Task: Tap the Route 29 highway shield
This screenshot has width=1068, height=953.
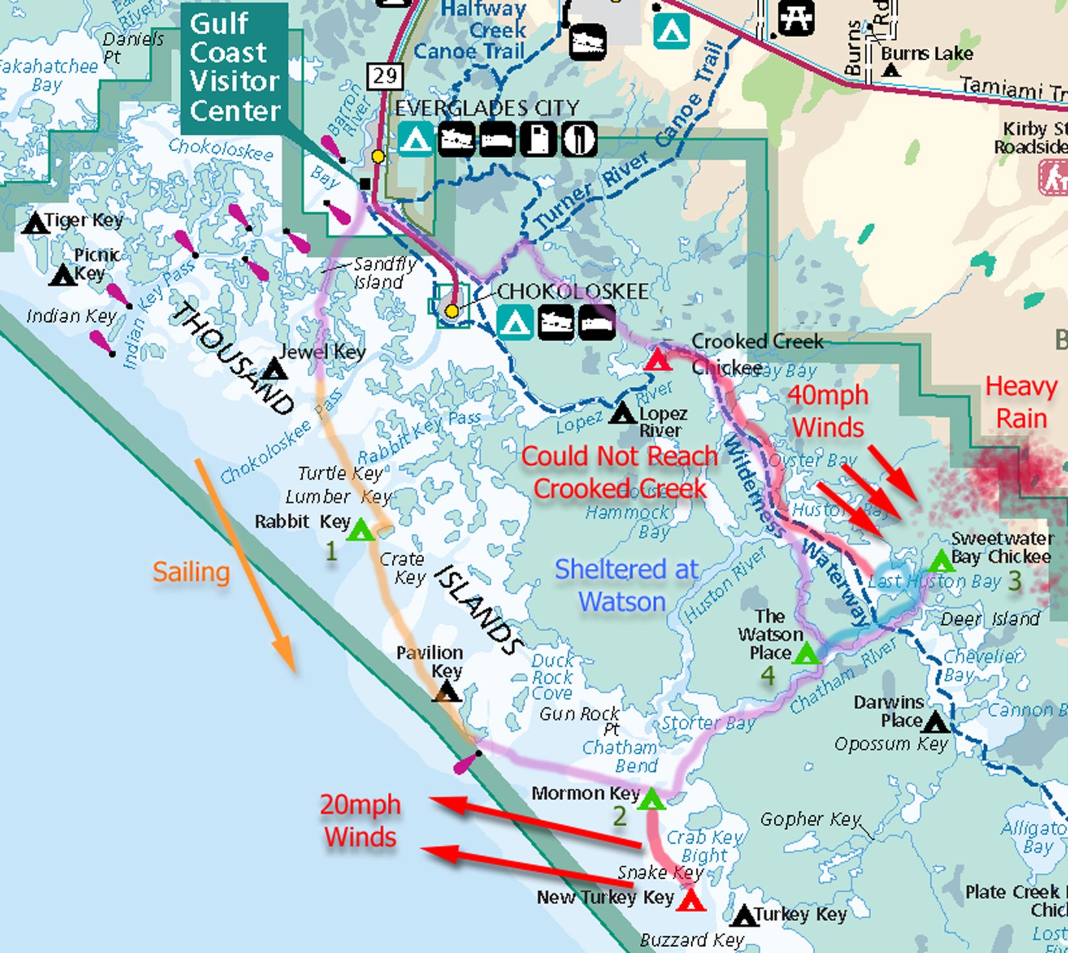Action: point(385,76)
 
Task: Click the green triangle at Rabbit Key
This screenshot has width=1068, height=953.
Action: point(361,532)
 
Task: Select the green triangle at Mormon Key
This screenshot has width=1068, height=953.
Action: point(652,800)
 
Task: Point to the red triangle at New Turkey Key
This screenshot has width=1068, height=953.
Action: point(691,902)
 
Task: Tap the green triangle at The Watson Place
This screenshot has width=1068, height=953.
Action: point(806,654)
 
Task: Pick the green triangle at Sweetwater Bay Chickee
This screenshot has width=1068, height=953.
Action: point(941,561)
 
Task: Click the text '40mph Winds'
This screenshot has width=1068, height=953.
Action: point(828,411)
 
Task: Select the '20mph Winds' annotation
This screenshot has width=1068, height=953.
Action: point(360,820)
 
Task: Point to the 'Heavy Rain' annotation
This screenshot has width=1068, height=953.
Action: point(1021,402)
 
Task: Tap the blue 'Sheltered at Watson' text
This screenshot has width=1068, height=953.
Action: point(626,585)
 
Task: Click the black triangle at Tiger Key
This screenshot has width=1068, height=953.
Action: point(35,224)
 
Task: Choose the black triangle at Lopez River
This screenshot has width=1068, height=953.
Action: point(623,413)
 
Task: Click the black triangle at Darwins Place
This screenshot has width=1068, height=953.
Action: point(935,722)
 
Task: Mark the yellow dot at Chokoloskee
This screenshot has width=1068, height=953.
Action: point(451,311)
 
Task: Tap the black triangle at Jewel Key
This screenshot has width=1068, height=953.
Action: point(273,371)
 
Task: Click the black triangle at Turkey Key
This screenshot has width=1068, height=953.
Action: point(744,917)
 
